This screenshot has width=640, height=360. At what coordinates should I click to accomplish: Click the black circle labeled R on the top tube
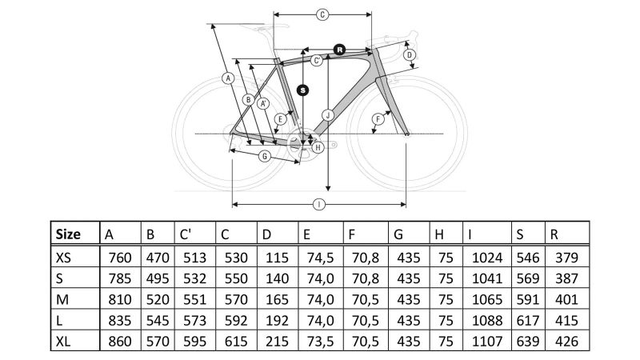pos(339,49)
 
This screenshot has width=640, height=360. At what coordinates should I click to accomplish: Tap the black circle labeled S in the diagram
pos(302,90)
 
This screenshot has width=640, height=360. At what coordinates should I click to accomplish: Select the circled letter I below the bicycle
pos(319,205)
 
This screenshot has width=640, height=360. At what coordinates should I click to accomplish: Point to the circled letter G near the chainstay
pos(263,156)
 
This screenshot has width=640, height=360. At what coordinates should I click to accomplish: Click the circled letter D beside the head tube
pos(409,55)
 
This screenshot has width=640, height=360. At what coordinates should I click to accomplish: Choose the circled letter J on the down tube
pos(327,115)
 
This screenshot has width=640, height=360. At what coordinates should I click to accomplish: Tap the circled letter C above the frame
pos(322,14)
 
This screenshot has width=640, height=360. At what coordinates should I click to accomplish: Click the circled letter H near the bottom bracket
pos(318,147)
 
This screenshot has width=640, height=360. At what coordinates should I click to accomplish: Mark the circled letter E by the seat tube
pos(280,119)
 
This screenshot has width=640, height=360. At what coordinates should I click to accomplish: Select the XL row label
pos(65,341)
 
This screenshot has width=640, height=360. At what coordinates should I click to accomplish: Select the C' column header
pos(186,234)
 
